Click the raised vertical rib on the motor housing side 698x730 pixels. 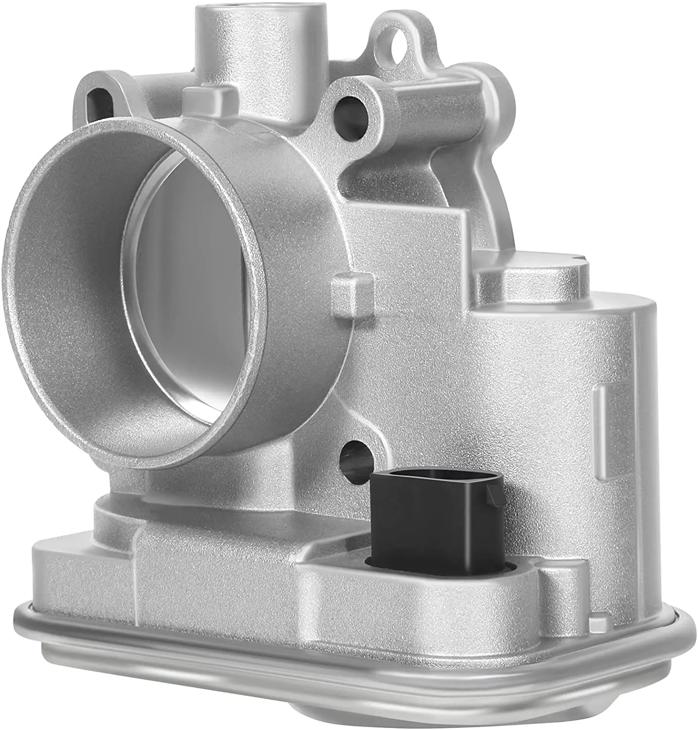603,419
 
